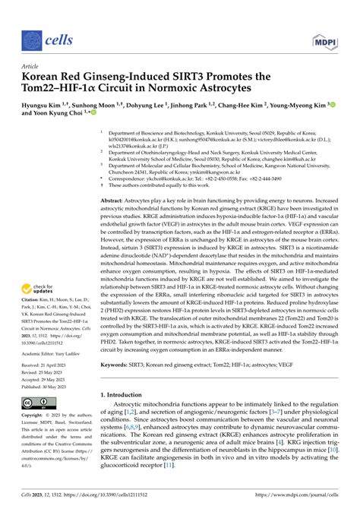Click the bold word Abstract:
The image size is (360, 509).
(x=115, y=199)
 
